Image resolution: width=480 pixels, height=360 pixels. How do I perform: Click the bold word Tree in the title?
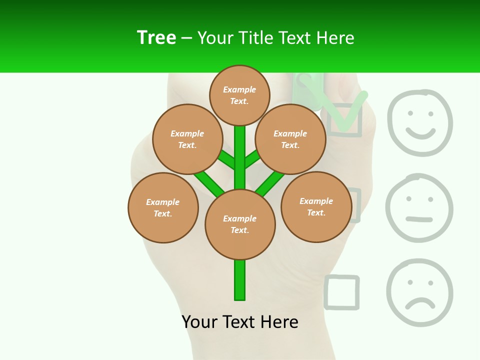pos(156,38)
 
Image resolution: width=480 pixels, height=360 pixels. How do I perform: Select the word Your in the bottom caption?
pos(199,322)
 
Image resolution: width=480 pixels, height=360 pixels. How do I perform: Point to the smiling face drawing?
pos(420,122)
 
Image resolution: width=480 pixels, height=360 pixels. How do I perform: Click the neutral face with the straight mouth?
pos(419,208)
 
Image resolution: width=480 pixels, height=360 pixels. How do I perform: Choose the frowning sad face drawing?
pos(419,292)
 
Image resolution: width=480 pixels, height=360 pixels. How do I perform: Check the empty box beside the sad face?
pos(342,292)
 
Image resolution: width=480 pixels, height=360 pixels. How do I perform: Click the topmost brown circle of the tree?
pos(239,95)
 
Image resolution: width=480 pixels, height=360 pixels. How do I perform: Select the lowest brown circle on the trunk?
pos(240,224)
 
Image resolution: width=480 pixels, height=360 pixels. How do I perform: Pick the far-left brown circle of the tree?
pos(163,208)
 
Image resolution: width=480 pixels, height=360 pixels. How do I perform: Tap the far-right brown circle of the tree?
pos(316,207)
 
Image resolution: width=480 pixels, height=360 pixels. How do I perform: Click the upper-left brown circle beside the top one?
pos(187,139)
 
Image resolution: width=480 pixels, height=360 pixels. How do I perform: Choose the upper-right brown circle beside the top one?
pos(290,139)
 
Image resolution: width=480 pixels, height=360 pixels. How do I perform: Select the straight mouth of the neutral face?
pos(419,219)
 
